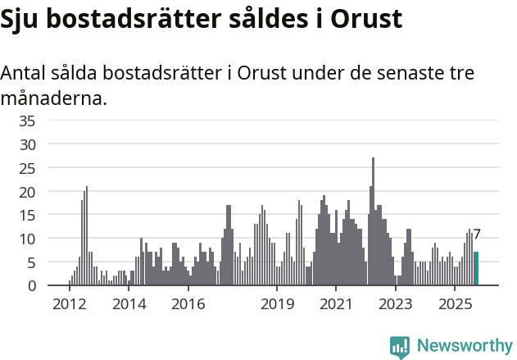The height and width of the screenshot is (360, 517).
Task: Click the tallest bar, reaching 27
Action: point(373,221)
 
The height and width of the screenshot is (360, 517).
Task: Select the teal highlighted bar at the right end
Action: point(476,269)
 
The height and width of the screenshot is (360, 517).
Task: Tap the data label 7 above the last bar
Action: point(477,235)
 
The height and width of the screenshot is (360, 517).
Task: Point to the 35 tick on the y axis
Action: point(27,121)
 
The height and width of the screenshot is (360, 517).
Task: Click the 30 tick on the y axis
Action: point(27,144)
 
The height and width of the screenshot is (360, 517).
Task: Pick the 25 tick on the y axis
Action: point(27,168)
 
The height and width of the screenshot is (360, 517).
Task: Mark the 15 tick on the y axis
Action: point(27,215)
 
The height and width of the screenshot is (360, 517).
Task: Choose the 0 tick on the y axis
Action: point(31,286)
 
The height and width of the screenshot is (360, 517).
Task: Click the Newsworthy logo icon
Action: point(400,347)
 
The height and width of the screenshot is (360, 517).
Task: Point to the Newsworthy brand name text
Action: point(464,347)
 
